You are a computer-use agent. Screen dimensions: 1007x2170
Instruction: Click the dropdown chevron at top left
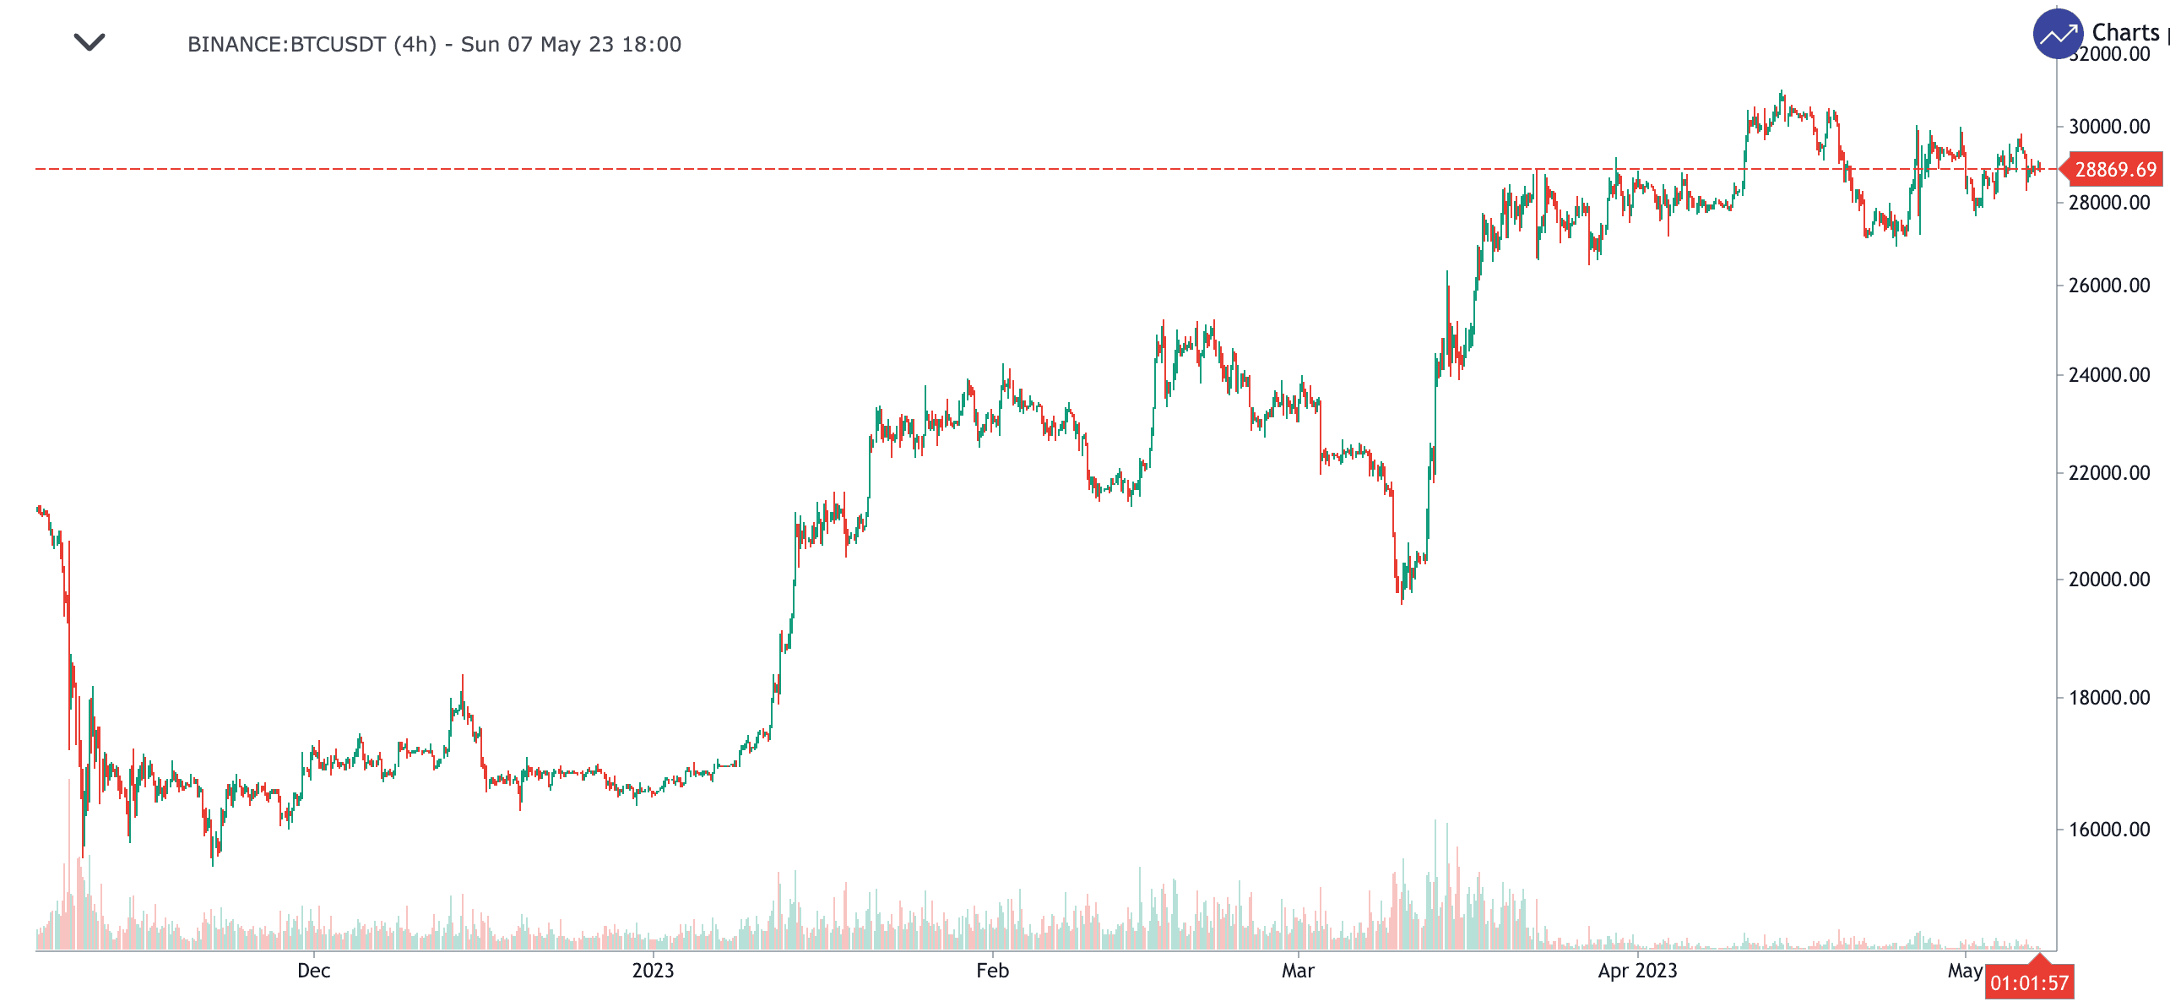click(90, 42)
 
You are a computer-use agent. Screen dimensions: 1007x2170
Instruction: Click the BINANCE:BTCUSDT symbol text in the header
click(286, 45)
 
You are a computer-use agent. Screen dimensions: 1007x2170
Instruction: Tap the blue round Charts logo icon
click(2058, 35)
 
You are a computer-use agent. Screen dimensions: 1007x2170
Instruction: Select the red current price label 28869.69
click(2114, 170)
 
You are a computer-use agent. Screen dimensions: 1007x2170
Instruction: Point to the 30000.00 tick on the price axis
click(2108, 127)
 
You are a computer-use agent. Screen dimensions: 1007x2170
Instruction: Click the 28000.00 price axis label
click(2108, 203)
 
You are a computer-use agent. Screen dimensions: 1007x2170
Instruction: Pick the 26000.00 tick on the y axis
click(2108, 286)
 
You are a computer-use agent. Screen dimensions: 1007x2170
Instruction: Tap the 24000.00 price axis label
click(2108, 375)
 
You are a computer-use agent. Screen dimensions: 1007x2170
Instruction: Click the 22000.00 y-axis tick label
click(2108, 473)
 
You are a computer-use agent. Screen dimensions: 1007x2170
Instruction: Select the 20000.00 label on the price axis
click(2108, 580)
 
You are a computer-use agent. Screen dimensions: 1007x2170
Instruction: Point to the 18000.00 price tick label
click(2108, 698)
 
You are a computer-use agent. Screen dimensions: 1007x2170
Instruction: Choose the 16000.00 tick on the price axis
click(2108, 830)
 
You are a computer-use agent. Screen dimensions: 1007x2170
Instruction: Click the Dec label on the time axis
click(313, 971)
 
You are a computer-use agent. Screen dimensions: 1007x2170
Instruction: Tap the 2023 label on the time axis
click(653, 971)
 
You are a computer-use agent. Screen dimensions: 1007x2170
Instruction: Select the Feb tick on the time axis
click(992, 971)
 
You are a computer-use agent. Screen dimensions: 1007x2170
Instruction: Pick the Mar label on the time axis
click(1298, 971)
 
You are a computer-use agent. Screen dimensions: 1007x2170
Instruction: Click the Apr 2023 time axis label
click(1637, 971)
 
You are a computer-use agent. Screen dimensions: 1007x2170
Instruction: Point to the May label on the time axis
click(1965, 971)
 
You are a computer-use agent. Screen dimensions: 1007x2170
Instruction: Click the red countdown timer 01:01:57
click(2029, 983)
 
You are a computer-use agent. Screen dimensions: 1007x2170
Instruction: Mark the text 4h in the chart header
click(415, 45)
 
